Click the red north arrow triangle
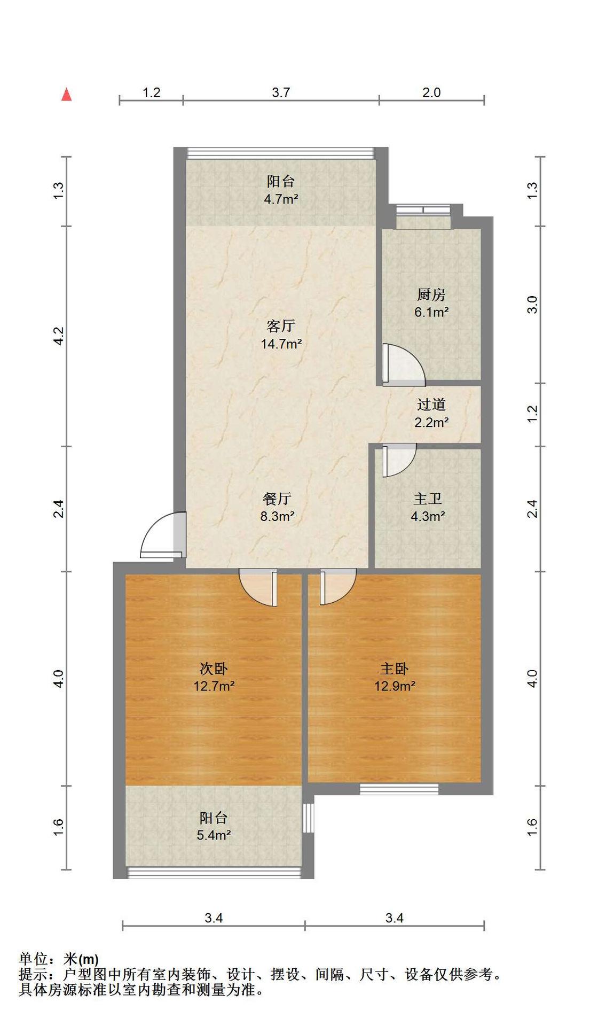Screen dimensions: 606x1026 [67, 95]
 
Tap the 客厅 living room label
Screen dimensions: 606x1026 [281, 325]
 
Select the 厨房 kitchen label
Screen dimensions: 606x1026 [431, 294]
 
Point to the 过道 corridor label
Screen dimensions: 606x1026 [431, 405]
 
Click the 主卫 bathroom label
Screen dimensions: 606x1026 [428, 499]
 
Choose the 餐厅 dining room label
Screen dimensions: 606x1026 [277, 499]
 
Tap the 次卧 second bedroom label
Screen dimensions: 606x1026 [214, 669]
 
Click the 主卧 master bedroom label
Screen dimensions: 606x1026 [395, 669]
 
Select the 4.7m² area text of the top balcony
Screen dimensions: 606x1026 [281, 199]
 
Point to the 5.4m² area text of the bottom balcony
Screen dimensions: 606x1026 [214, 835]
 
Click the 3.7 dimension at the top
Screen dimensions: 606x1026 [281, 92]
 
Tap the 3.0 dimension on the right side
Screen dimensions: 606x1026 [532, 305]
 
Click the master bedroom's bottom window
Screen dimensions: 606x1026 [399, 789]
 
